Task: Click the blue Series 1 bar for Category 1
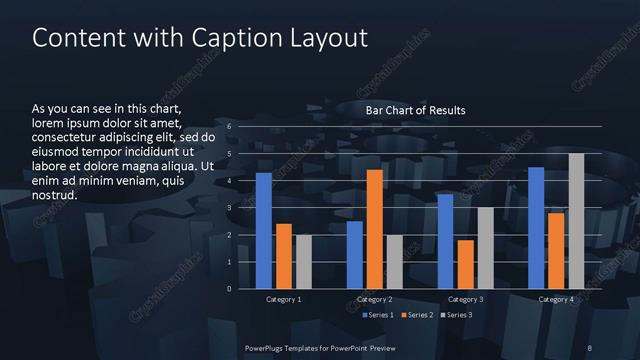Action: [264, 231]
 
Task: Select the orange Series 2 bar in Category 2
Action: [374, 229]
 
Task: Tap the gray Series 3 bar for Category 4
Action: [576, 221]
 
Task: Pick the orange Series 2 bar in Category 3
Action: [465, 264]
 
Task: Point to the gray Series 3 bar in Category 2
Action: [394, 262]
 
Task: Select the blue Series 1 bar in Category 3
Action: [445, 241]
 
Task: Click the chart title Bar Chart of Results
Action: [415, 110]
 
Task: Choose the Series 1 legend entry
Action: [378, 315]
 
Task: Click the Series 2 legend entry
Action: [418, 315]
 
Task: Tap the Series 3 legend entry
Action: [457, 315]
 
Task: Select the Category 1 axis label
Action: [284, 299]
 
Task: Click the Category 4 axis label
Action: [556, 299]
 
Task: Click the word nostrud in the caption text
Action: [55, 195]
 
